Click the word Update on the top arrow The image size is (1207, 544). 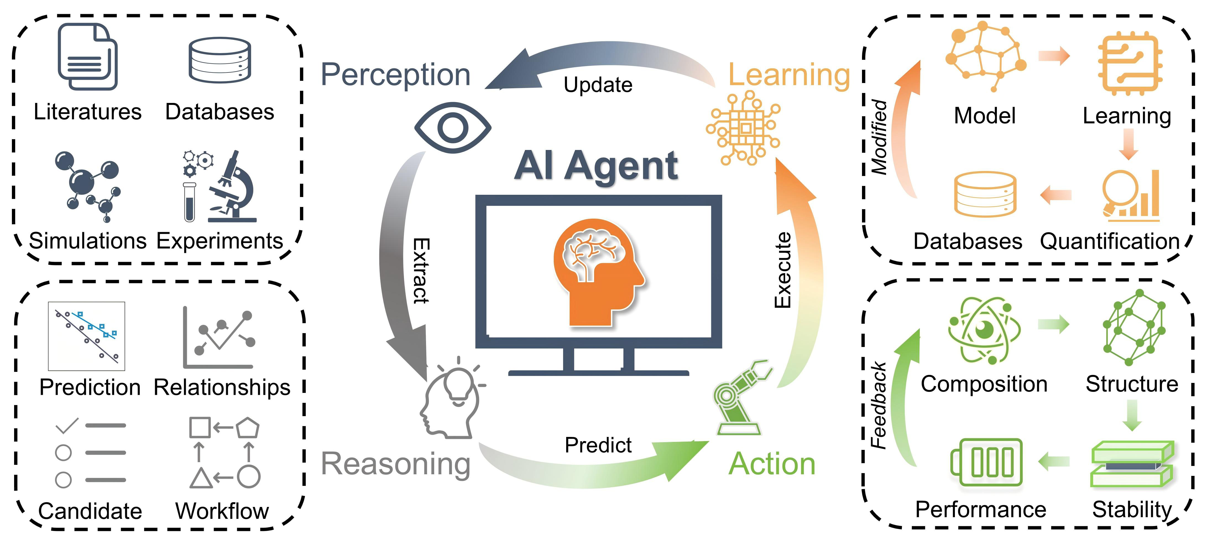[598, 85]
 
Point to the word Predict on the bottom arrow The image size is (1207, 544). [598, 445]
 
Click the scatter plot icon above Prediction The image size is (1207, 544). [87, 336]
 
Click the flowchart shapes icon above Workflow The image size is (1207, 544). [224, 453]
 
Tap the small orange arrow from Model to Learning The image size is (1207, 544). [1054, 56]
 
